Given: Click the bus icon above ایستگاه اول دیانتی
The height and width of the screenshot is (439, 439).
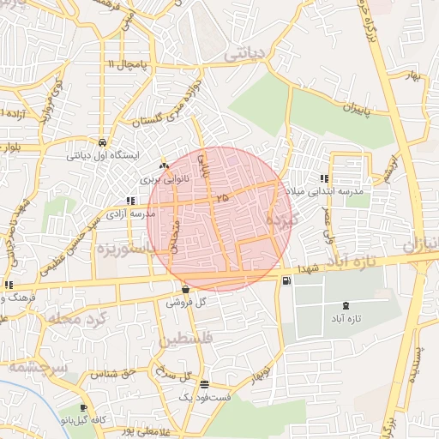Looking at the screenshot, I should [103, 143].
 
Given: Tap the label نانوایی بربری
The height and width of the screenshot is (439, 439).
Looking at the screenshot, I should [163, 180].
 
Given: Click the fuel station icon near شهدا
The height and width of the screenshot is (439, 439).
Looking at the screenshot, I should [286, 280].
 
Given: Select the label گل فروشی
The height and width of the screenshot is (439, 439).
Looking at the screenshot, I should [186, 303].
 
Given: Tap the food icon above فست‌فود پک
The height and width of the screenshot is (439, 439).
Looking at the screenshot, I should [204, 385].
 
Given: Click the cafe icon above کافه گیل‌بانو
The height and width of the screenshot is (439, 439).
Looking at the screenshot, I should [82, 407].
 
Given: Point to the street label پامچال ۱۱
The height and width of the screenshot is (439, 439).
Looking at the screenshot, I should [128, 65].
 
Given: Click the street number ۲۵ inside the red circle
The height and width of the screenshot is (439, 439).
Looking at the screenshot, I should [224, 197].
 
